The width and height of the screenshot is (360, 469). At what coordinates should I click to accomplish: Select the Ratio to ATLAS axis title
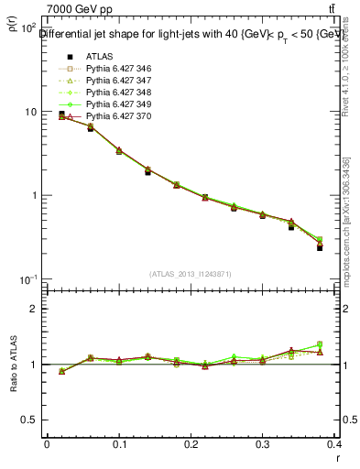(15, 365)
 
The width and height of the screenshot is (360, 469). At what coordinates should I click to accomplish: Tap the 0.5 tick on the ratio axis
(33, 420)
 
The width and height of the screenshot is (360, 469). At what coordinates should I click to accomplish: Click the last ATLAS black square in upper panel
(320, 247)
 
